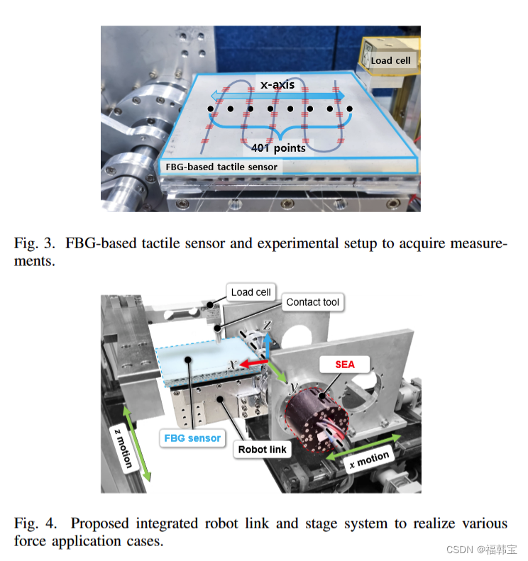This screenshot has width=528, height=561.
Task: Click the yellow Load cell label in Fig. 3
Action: point(390,60)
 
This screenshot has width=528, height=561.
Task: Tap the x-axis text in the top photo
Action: point(277,84)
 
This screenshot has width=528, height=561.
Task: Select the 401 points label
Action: point(278,148)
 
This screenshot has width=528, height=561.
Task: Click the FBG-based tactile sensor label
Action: point(221,167)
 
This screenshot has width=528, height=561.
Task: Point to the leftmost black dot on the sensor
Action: point(211,109)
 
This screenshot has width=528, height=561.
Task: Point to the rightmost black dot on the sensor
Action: point(349,109)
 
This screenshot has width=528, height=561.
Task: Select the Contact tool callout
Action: point(313,302)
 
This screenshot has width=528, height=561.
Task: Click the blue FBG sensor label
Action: point(192,438)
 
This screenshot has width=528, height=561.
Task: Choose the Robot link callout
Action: point(262,449)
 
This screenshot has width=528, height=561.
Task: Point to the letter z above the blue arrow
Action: point(267,324)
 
